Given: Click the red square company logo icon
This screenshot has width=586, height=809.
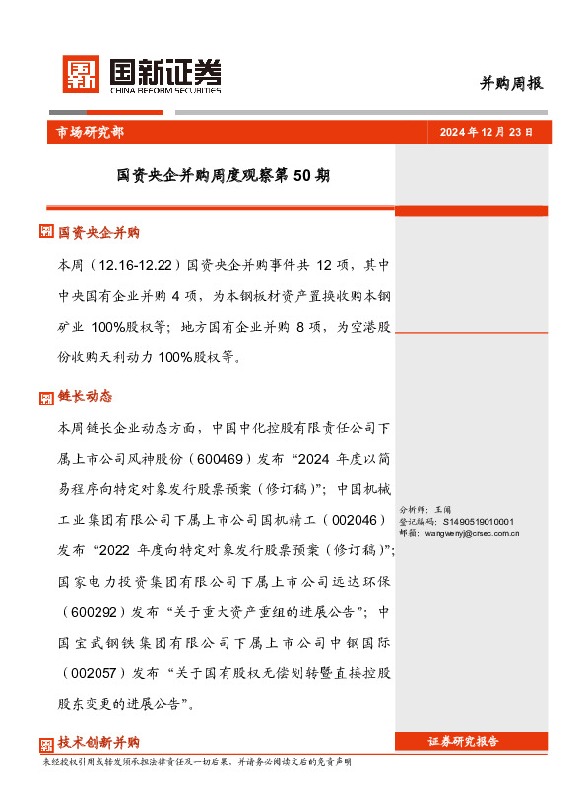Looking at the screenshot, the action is (x=82, y=74).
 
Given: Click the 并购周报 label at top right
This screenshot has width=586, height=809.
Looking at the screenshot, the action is (x=511, y=84).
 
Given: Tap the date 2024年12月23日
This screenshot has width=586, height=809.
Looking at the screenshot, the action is (x=486, y=132).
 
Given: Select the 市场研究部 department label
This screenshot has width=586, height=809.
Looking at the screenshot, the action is (x=84, y=132).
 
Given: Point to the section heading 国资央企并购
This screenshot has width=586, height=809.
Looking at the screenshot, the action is (x=98, y=233).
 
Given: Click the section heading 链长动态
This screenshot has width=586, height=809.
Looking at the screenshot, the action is (x=85, y=397).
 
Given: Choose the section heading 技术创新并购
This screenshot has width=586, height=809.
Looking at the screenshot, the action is (x=98, y=743).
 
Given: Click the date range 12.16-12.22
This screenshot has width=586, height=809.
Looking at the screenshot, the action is (x=133, y=266).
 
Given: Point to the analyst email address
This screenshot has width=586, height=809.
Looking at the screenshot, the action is (x=472, y=533).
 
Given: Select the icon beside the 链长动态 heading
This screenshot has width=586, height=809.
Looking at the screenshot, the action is (x=45, y=398).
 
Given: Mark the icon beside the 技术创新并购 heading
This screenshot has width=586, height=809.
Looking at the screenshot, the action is (x=45, y=744).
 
